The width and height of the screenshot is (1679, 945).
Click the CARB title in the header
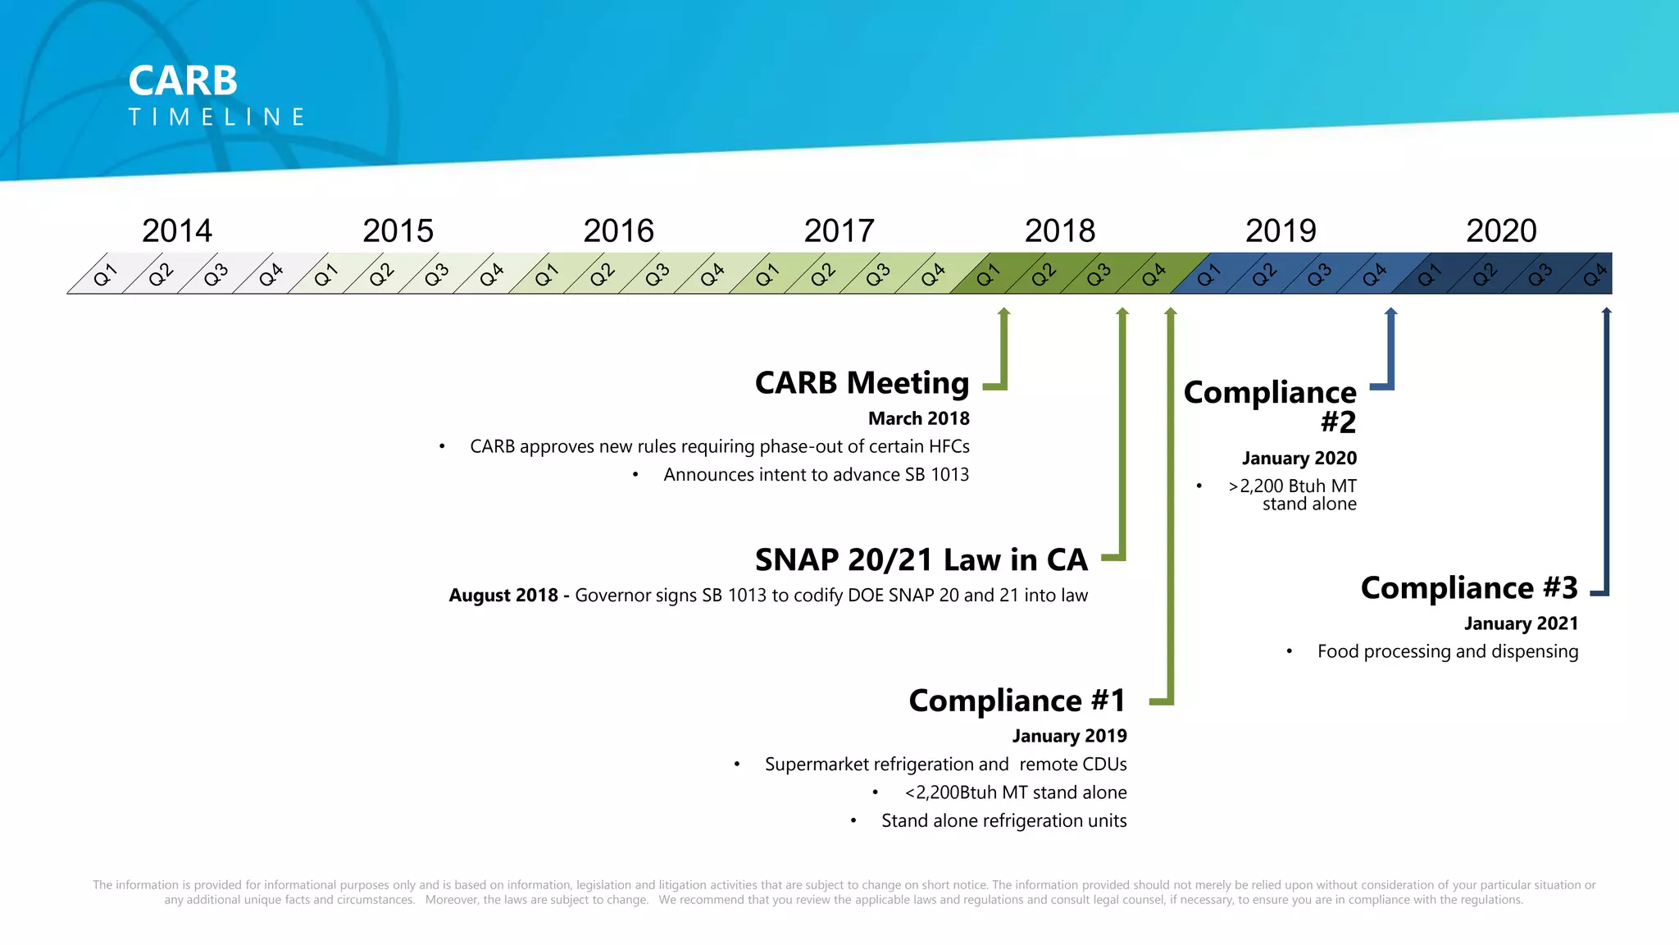[183, 80]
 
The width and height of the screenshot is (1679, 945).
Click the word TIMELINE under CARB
[217, 117]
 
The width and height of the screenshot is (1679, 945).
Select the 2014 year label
[177, 231]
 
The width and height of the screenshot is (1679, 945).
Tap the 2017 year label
[839, 231]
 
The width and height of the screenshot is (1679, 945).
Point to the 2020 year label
[1501, 231]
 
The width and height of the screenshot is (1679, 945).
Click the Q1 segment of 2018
[988, 274]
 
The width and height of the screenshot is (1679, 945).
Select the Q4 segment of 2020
[1594, 274]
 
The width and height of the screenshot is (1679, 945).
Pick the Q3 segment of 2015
[436, 274]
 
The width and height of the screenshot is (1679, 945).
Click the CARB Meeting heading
[862, 382]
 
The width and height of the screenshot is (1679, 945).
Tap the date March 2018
[918, 418]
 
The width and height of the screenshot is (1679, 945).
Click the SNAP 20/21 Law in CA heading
[921, 559]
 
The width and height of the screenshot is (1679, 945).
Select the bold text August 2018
[503, 596]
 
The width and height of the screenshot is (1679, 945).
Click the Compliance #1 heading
[1017, 701]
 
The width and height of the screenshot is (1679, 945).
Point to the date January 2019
[1069, 736]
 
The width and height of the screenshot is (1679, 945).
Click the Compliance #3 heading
[1468, 587]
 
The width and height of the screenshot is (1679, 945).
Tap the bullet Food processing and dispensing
[1447, 651]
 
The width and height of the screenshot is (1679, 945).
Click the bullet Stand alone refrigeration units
[1003, 820]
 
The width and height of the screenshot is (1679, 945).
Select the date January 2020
[1299, 458]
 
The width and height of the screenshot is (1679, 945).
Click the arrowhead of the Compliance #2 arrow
[1390, 313]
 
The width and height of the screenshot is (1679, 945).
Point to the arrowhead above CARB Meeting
[1003, 313]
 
